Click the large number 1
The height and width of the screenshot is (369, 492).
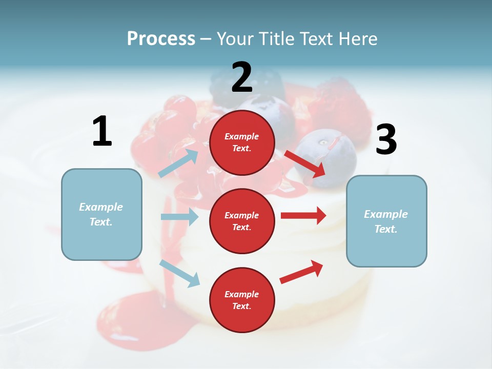pyautogui.click(x=102, y=132)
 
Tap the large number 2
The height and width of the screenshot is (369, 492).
pyautogui.click(x=242, y=77)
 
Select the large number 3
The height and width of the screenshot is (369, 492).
pyautogui.click(x=386, y=139)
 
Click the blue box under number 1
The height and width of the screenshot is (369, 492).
pyautogui.click(x=101, y=214)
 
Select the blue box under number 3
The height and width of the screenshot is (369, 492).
pyautogui.click(x=386, y=221)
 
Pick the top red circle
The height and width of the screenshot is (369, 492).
pyautogui.click(x=242, y=142)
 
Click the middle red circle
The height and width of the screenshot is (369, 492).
pyautogui.click(x=242, y=221)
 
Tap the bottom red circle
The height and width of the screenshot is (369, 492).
pyautogui.click(x=242, y=300)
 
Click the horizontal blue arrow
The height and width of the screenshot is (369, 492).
pyautogui.click(x=179, y=217)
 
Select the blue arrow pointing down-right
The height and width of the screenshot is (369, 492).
pyautogui.click(x=179, y=273)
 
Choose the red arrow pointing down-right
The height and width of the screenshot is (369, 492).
pyautogui.click(x=305, y=163)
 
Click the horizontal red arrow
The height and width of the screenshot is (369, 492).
pyautogui.click(x=303, y=216)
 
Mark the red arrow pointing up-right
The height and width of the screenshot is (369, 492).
pyautogui.click(x=301, y=272)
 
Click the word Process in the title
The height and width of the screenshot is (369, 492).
pyautogui.click(x=161, y=39)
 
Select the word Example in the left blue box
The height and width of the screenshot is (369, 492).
pyautogui.click(x=101, y=207)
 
